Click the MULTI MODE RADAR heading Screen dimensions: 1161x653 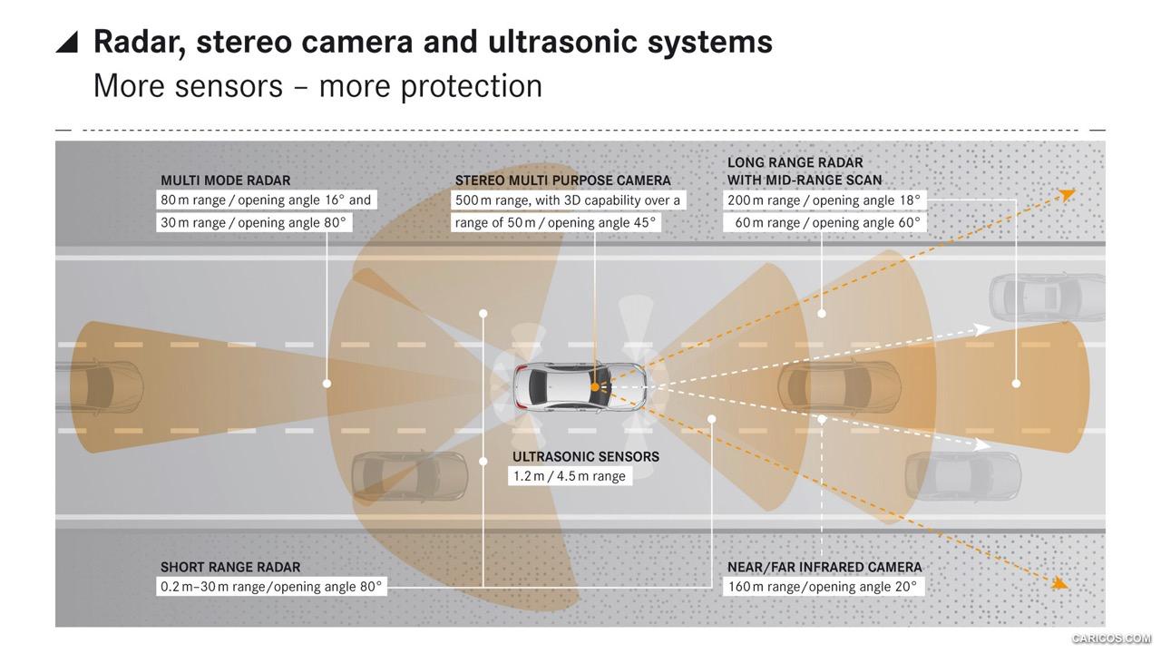click(226, 180)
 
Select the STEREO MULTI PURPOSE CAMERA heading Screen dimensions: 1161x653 click(563, 180)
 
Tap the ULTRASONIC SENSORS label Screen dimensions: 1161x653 click(586, 456)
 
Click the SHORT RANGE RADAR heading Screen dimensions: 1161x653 click(230, 567)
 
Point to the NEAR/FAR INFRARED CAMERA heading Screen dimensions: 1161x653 click(824, 567)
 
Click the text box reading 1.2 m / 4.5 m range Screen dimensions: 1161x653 click(570, 476)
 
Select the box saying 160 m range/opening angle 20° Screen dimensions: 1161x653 click(824, 586)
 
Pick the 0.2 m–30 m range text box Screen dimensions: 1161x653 click(271, 586)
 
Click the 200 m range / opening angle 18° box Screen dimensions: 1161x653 click(824, 200)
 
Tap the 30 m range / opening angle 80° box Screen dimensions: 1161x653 click(254, 222)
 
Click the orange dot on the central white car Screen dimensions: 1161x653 click(595, 386)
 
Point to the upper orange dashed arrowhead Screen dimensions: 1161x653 click(1068, 194)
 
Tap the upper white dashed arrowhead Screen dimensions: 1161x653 click(982, 329)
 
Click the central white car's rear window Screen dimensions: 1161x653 click(538, 386)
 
